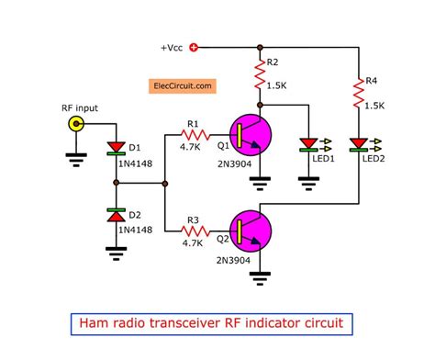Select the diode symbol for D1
pyautogui.click(x=115, y=147)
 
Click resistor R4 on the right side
pyautogui.click(x=356, y=92)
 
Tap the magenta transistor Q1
pyautogui.click(x=251, y=134)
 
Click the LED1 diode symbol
pyautogui.click(x=308, y=143)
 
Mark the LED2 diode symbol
pyautogui.click(x=356, y=143)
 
